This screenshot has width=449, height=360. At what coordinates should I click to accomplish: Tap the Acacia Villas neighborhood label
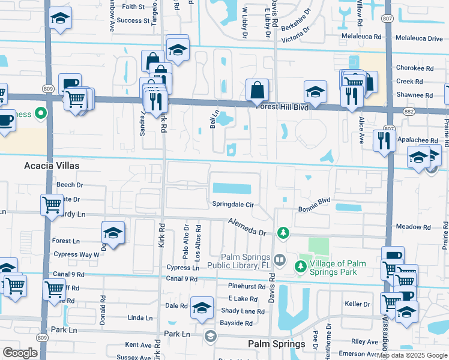coord(51,165)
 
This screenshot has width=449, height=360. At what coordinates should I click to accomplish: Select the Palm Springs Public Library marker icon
coord(279,260)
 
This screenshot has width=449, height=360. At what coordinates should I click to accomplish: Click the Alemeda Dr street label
coord(246,227)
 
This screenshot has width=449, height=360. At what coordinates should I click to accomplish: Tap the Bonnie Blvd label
coord(315,209)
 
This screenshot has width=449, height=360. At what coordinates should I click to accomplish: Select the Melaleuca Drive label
coord(418,38)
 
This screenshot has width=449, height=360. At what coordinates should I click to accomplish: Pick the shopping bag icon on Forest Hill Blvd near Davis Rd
coord(257,91)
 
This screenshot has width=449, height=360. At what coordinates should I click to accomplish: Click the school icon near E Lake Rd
coord(202,307)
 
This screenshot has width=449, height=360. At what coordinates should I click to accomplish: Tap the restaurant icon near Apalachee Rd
coord(384,140)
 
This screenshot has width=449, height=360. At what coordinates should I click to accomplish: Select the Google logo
coord(20,353)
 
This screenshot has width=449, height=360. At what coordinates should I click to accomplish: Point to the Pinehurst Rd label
coord(246,287)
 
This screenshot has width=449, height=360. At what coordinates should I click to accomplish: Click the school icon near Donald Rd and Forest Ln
coord(113,233)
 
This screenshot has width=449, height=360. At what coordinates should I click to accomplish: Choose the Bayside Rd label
coord(237,323)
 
